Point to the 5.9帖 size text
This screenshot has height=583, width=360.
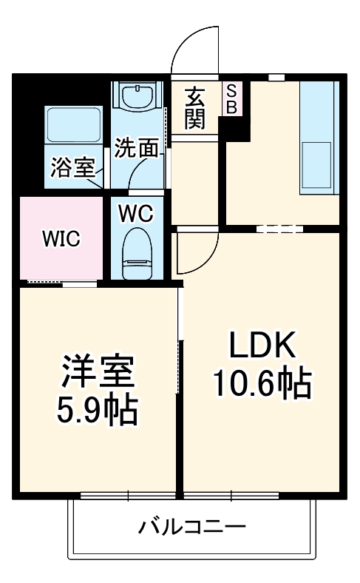(x=98, y=411)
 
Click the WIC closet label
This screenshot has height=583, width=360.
(x=61, y=239)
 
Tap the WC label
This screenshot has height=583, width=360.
(x=136, y=214)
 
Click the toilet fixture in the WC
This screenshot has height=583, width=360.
(x=137, y=254)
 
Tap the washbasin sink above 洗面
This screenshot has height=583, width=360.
(x=137, y=98)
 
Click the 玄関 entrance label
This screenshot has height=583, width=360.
(x=194, y=107)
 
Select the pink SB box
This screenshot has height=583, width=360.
(x=231, y=98)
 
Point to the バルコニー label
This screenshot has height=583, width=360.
(x=191, y=528)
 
